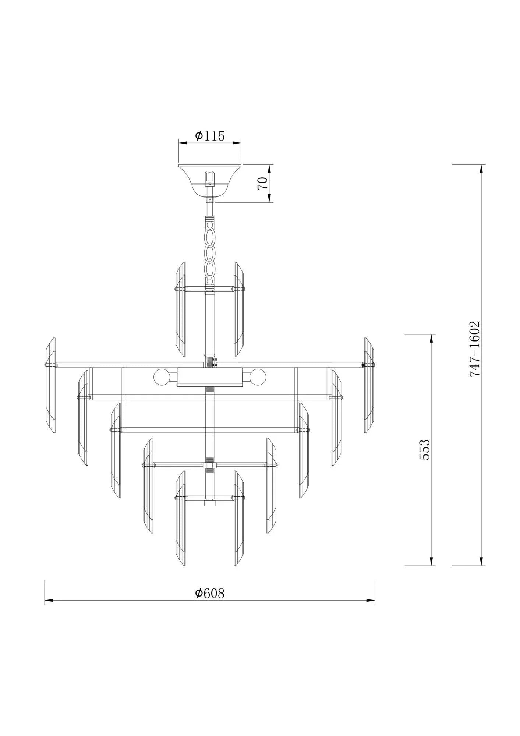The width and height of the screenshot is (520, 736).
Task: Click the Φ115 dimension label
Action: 210,136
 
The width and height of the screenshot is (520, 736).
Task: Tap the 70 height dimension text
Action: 262,183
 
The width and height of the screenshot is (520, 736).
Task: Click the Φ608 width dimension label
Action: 209,603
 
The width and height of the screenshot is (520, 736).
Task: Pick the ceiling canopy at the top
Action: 210,182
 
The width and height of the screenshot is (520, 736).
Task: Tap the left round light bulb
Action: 161,376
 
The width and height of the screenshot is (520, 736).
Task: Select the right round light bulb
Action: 258,376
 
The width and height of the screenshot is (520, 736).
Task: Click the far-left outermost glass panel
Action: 50,385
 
